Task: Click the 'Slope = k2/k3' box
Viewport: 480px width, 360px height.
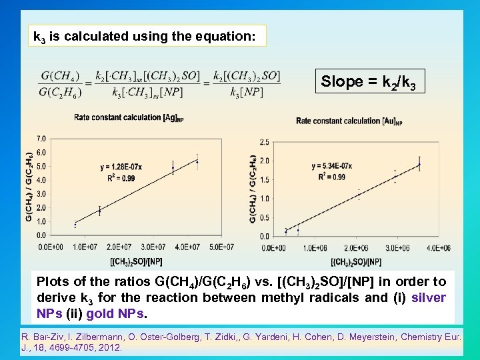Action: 373,82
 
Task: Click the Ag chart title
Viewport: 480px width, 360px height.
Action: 126,118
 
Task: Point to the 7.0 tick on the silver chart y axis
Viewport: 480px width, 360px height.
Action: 41,139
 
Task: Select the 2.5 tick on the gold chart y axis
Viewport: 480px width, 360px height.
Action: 264,142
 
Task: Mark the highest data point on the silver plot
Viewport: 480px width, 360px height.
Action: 197,162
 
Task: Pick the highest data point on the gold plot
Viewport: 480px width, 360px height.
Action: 419,163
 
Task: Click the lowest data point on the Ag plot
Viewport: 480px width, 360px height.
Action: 75,225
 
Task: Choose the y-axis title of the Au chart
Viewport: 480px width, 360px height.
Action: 254,189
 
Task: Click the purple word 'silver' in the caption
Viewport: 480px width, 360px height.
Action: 429,298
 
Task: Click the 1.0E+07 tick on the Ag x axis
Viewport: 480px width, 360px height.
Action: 85,247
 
